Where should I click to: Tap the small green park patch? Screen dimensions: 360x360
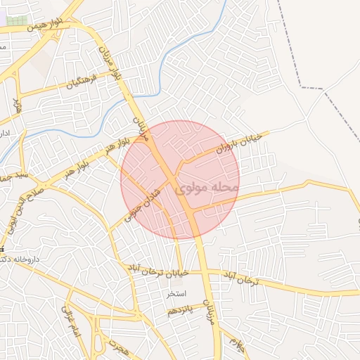point(17,20)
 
